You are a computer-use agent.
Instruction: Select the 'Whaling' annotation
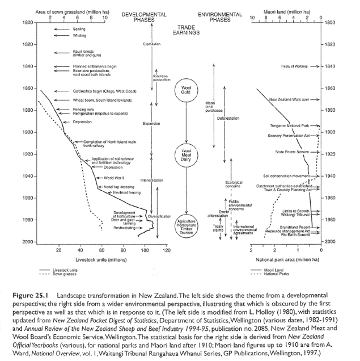pos(79,35)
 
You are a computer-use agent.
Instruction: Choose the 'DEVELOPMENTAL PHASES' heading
pos(143,16)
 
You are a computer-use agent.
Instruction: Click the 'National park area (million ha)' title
pos(282,259)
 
